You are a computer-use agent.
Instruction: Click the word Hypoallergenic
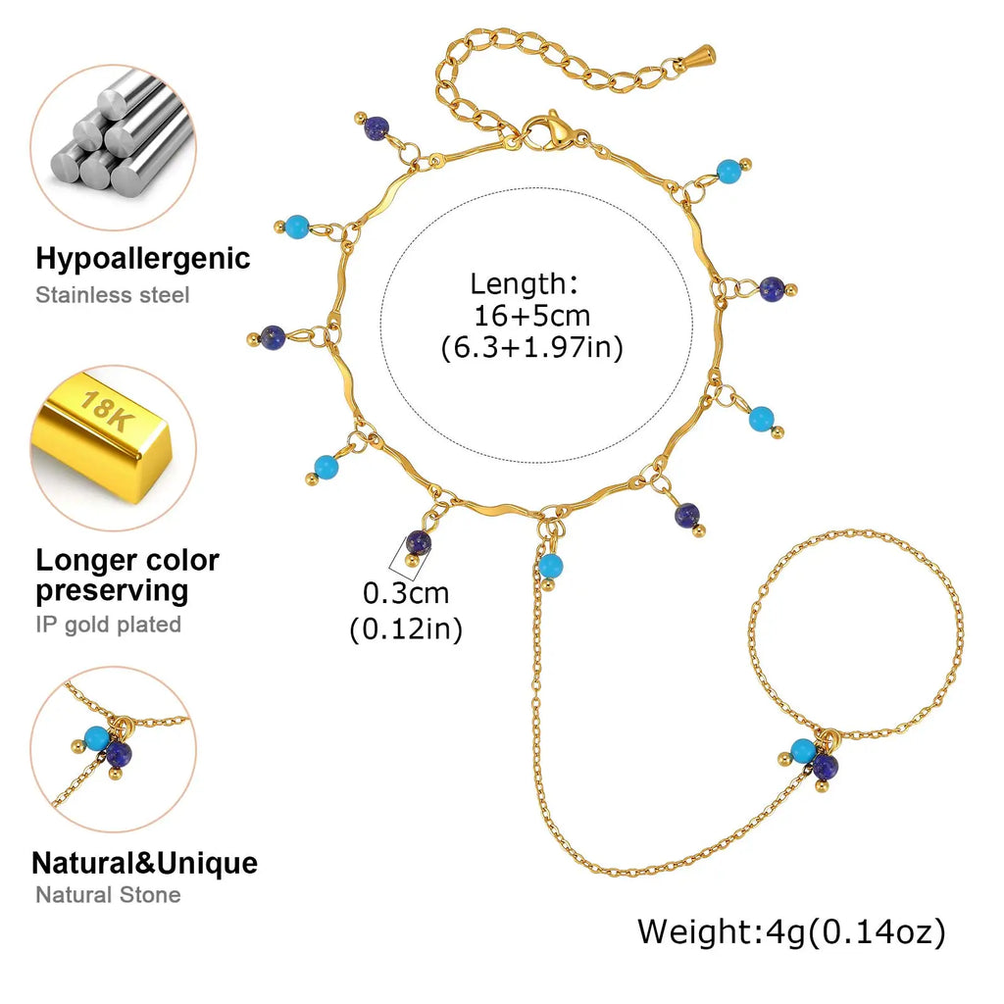143,259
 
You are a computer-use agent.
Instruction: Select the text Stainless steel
113,295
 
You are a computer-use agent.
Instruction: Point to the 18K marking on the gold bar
107,411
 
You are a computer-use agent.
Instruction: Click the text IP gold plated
108,625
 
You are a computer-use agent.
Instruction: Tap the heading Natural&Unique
145,863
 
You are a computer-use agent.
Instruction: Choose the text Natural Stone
108,894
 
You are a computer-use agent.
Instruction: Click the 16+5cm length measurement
532,316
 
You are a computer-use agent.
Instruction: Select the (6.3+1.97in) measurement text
532,347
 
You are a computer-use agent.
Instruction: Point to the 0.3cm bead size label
406,593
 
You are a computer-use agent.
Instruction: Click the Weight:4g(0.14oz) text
791,931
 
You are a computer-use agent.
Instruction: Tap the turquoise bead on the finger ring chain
803,750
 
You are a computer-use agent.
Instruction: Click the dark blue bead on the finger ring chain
826,766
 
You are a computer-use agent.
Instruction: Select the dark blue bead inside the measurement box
418,543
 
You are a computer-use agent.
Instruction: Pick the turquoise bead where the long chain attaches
550,566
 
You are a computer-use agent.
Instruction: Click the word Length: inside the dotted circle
525,283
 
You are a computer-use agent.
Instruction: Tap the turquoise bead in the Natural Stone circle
97,738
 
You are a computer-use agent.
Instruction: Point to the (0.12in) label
406,628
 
